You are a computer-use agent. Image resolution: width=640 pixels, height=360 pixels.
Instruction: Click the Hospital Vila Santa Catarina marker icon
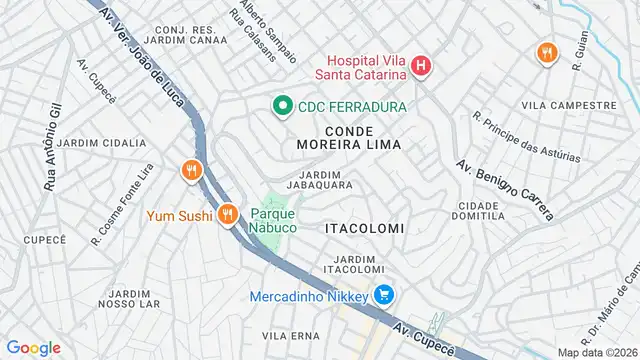421,67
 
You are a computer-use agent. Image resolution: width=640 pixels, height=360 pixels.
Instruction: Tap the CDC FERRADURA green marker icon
283,105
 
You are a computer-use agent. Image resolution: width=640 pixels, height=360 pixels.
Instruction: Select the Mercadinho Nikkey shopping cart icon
383,295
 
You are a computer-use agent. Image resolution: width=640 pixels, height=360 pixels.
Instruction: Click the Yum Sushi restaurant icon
229,213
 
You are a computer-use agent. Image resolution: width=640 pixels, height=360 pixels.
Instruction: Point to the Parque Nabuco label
273,220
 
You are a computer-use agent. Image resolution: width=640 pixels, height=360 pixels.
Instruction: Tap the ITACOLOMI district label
364,228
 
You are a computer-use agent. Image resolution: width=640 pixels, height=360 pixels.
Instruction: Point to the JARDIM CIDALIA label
101,143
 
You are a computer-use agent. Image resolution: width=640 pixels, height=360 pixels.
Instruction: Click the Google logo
33,347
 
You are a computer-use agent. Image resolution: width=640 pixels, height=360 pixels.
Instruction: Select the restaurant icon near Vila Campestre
546,53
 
